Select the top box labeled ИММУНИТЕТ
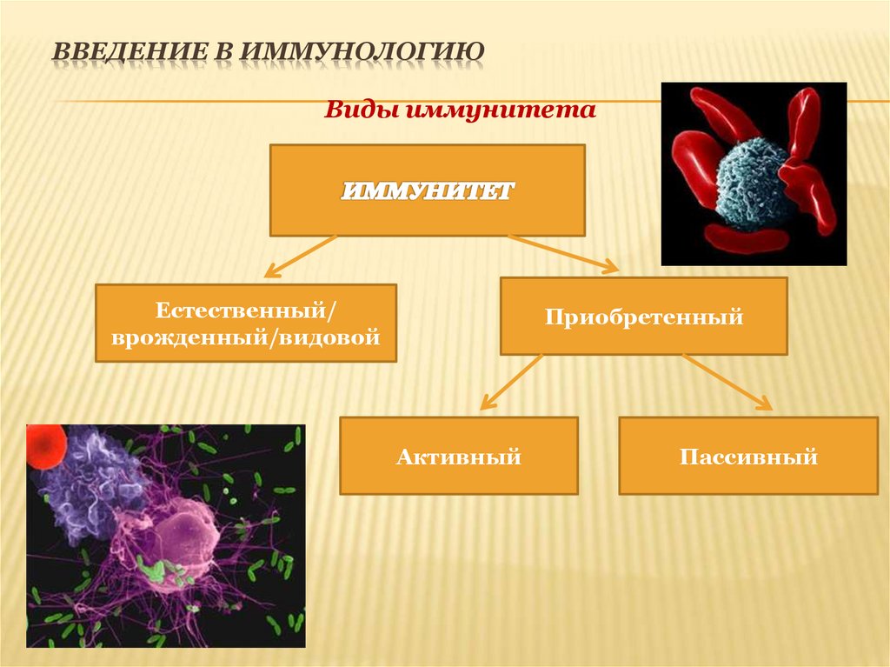coord(427,190)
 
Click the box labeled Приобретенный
coord(643,317)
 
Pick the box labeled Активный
coord(458,456)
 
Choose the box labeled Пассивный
coord(747,456)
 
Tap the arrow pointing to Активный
coord(512,381)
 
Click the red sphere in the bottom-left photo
coord(44,445)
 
